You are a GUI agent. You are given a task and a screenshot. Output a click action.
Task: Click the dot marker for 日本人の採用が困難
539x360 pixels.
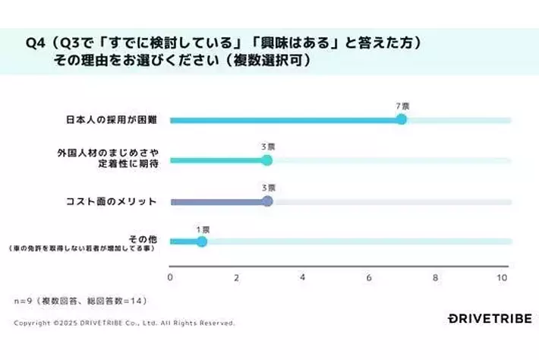point(402,119)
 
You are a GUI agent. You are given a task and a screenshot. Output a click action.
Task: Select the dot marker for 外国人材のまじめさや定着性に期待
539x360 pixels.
point(266,160)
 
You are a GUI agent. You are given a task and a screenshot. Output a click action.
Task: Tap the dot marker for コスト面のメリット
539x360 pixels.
point(266,201)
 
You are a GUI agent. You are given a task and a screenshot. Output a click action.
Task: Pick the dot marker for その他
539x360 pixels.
point(201,242)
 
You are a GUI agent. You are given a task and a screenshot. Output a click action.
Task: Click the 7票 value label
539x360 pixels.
point(402,106)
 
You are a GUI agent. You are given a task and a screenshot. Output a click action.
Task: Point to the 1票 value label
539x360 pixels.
point(203,228)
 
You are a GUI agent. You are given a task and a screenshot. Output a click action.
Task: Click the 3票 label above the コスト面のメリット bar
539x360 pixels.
point(268,187)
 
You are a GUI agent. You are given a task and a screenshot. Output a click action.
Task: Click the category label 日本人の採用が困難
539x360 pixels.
point(112,120)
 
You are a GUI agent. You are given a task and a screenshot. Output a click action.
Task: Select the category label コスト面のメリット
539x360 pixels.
point(112,201)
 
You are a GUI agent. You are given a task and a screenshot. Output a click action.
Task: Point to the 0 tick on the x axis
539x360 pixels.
point(170,278)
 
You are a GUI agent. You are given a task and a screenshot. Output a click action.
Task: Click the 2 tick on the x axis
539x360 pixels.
point(236,278)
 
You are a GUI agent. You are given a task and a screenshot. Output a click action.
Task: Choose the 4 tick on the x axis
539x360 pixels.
point(302,278)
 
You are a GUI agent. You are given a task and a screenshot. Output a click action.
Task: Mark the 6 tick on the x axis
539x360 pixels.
point(369,278)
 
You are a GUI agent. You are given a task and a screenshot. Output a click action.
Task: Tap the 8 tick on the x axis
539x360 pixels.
point(436,278)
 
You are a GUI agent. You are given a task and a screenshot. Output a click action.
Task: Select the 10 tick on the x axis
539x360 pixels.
point(502,278)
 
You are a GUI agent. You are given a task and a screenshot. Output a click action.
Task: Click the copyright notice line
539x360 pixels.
point(124,323)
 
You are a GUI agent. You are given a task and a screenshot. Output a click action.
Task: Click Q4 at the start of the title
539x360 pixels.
point(35,43)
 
